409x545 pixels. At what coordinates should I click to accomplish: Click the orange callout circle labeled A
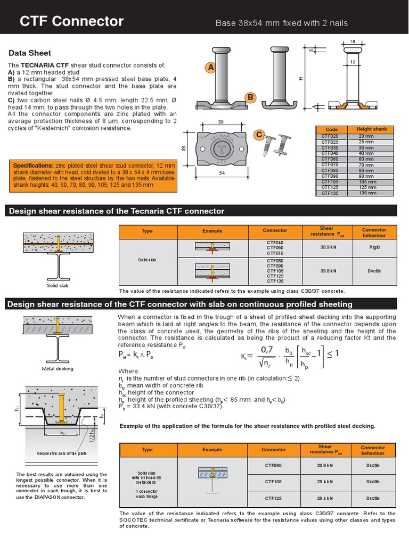coord(211,68)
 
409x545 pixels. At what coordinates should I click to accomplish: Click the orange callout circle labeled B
coord(250,97)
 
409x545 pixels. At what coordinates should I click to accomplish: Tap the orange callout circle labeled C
coord(259,135)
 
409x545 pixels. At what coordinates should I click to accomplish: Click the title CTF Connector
coord(71,21)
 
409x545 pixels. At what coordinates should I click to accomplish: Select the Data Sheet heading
coord(30,53)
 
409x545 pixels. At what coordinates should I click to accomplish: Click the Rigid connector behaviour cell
coord(374,247)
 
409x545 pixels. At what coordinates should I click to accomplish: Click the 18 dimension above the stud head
coord(353,40)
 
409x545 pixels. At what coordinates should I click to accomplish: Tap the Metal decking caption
coord(58,368)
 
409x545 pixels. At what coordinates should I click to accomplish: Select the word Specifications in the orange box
coord(33,166)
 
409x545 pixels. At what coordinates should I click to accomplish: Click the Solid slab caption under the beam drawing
coord(59,286)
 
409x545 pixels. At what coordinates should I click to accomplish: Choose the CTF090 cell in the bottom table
coord(274,466)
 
